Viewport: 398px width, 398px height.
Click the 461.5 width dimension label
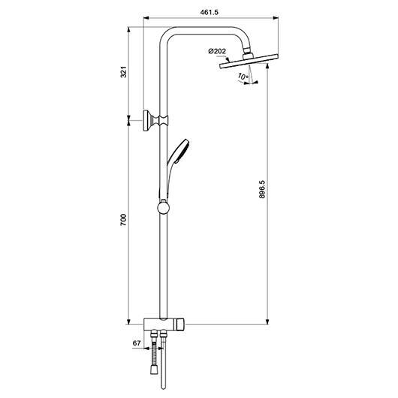210,12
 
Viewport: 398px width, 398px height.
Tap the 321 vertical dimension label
123,72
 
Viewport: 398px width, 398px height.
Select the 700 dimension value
123,220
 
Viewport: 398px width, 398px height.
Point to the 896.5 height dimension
261,189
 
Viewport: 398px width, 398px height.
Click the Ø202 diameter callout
217,51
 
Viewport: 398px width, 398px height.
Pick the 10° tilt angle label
243,76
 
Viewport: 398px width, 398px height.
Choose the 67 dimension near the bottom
137,343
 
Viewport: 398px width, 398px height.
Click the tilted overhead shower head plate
249,61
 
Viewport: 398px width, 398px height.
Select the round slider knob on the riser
164,207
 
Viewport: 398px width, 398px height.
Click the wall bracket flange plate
146,121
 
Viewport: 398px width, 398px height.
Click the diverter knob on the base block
180,324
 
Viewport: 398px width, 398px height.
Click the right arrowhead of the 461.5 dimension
276,18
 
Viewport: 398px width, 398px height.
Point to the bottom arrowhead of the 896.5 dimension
267,322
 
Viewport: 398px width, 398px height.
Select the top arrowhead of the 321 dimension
128,30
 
